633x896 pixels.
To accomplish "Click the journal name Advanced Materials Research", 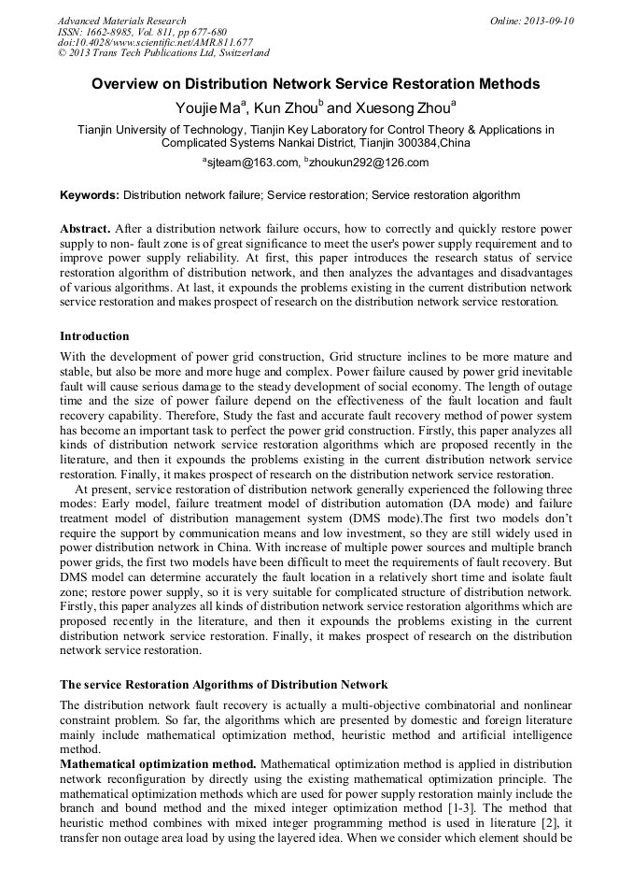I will click(121, 21).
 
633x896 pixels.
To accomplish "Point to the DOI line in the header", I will click(155, 42).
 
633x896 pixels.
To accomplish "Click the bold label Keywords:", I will click(90, 195).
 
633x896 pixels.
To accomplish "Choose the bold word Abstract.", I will click(85, 229).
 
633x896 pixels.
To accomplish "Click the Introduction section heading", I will click(94, 336).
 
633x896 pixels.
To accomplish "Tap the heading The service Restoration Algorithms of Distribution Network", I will click(223, 686).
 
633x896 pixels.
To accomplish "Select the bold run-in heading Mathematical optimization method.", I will click(158, 764).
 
